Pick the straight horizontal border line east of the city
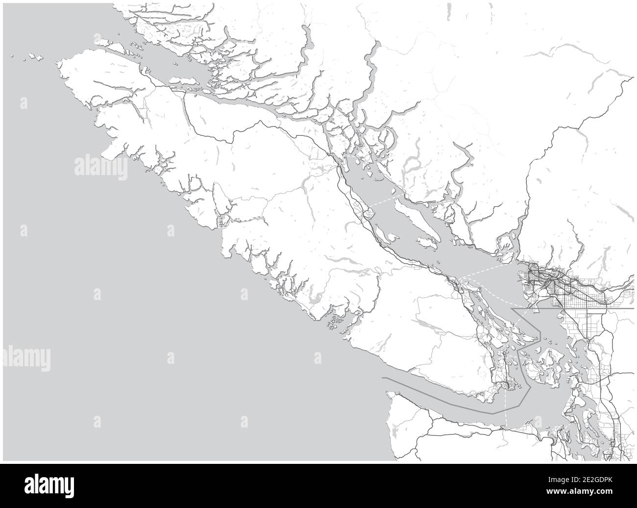point(622,309)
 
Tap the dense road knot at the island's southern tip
point(505,387)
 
